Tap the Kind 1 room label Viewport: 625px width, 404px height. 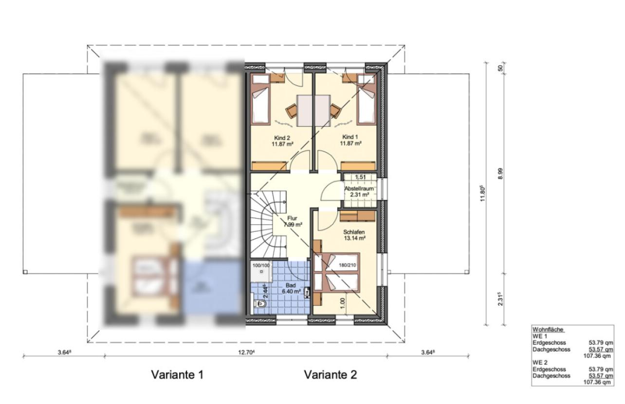coord(351,138)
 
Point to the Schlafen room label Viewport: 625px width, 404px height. coord(354,232)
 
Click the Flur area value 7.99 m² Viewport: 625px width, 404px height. coord(293,224)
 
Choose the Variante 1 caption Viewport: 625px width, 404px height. coord(177,375)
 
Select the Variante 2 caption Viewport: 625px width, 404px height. coord(330,375)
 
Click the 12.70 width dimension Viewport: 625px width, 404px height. coord(247,352)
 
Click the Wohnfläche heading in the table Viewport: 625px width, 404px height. coord(548,330)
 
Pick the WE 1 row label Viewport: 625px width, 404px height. coord(540,336)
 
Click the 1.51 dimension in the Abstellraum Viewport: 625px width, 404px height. coord(360,177)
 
